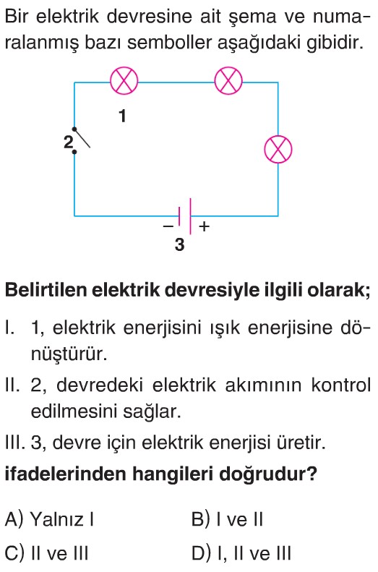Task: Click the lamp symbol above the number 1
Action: click(124, 81)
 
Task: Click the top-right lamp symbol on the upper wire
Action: click(228, 81)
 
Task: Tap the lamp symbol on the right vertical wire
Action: click(278, 150)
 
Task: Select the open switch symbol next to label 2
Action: click(82, 140)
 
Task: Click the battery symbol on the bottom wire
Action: click(185, 216)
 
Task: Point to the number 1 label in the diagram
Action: click(123, 116)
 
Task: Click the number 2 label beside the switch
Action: click(68, 142)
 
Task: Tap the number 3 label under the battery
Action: click(179, 244)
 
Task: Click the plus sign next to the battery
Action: click(205, 226)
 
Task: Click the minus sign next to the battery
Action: click(168, 226)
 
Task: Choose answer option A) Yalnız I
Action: click(50, 519)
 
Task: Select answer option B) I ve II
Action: click(227, 519)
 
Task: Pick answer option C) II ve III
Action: click(47, 553)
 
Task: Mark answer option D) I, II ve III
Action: click(241, 553)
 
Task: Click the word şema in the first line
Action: click(253, 17)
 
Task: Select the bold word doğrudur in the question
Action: click(268, 474)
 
